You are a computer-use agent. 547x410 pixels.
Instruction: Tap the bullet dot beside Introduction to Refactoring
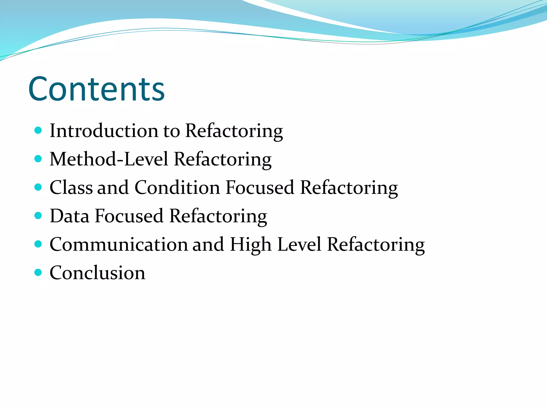(x=38, y=130)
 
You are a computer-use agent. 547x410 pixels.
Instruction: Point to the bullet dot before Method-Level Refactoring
(x=38, y=159)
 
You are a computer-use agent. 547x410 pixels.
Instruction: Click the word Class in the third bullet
(x=71, y=187)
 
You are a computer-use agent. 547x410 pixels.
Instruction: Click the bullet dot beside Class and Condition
(x=38, y=187)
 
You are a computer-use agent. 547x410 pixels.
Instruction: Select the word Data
(x=69, y=216)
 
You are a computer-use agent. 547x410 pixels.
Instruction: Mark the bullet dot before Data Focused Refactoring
(x=38, y=215)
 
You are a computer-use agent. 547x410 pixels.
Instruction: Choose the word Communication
(x=119, y=244)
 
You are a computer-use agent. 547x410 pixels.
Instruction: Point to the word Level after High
(x=299, y=244)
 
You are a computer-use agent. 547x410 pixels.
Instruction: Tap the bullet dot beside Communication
(x=38, y=244)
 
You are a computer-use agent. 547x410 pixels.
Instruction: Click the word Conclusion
(x=97, y=273)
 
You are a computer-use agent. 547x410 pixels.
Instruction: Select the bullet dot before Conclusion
(x=38, y=272)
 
